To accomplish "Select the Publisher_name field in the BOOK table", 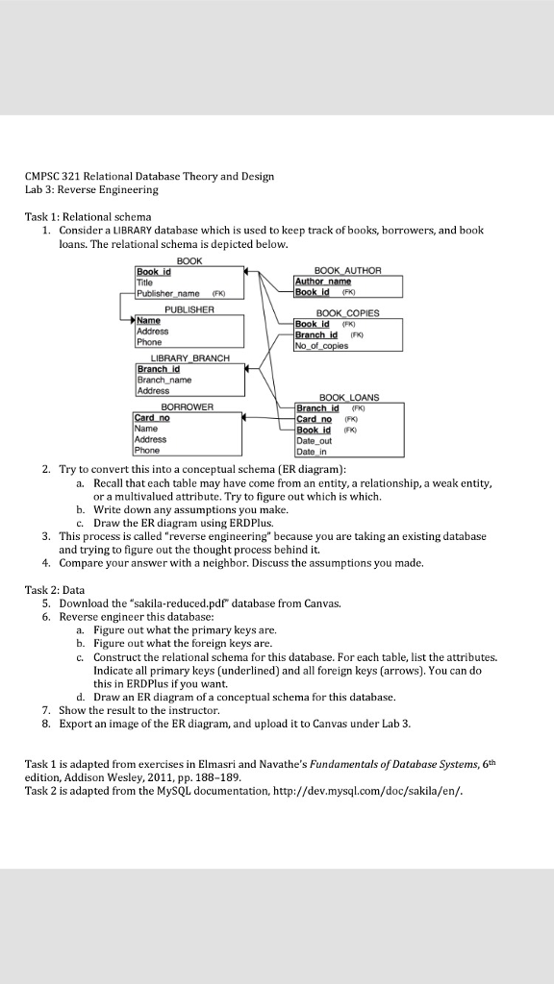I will [x=167, y=294].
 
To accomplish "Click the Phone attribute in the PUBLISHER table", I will [x=149, y=342].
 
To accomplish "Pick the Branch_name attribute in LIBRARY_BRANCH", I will [x=164, y=381].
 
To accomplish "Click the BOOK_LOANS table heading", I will [x=348, y=397].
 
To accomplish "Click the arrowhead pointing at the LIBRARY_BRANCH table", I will [x=249, y=368].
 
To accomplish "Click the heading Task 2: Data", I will [x=55, y=588].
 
